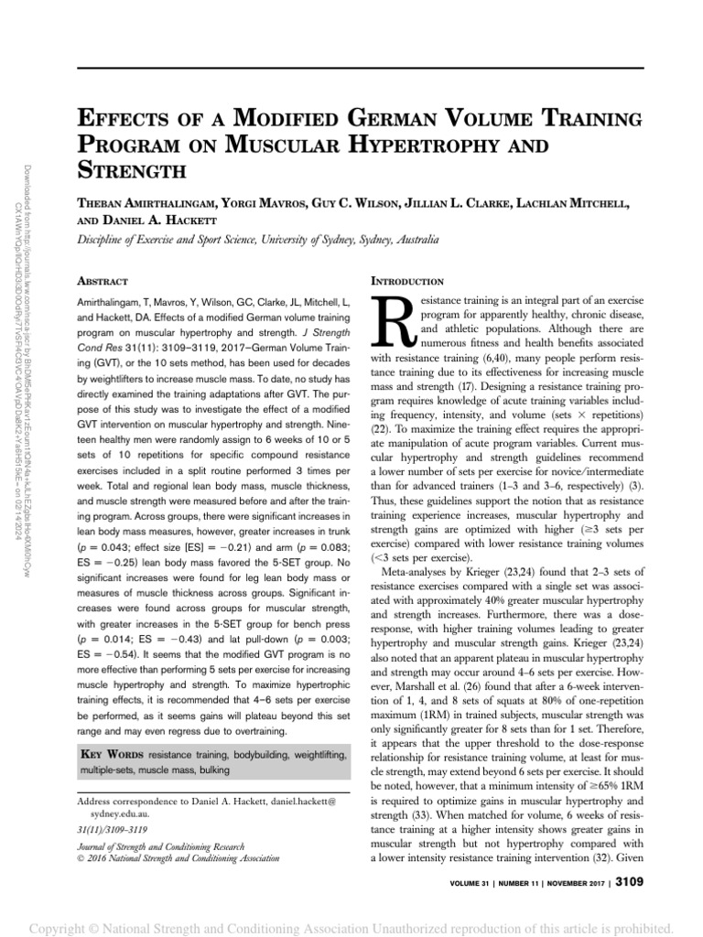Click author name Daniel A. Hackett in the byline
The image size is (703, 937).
click(162, 221)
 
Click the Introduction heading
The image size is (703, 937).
click(406, 281)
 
